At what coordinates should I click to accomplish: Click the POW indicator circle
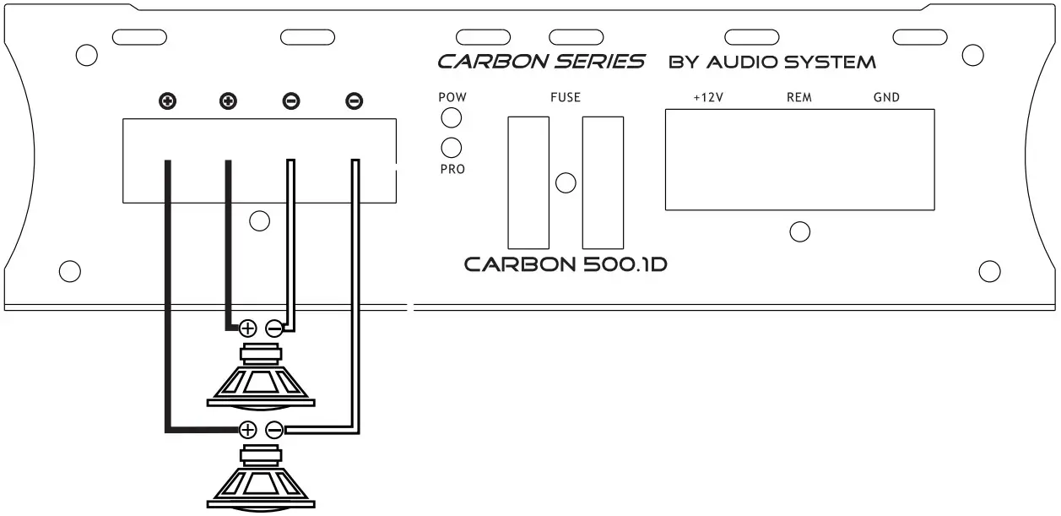click(452, 117)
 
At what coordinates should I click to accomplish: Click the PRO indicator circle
click(452, 148)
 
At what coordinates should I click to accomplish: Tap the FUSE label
click(566, 97)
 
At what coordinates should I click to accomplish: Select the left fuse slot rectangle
click(528, 182)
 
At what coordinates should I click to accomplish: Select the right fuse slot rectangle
click(603, 182)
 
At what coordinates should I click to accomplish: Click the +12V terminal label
click(708, 97)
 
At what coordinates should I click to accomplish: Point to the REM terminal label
click(798, 97)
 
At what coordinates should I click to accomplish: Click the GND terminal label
click(886, 97)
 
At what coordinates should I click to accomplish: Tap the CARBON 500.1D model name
click(566, 264)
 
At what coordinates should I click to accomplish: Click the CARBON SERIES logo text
click(541, 62)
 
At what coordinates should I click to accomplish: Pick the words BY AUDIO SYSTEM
click(771, 62)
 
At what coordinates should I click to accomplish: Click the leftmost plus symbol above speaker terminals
click(168, 102)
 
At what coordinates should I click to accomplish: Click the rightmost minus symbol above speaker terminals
click(355, 102)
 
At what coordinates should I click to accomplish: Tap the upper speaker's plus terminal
click(248, 328)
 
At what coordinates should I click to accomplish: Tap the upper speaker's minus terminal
click(274, 328)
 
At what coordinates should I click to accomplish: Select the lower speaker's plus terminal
click(248, 430)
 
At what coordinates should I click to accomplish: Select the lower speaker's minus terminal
click(274, 430)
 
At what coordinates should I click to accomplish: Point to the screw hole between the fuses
click(566, 182)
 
